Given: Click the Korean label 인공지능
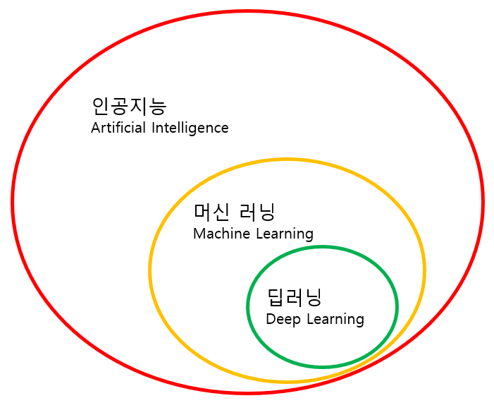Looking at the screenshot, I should coord(129,107).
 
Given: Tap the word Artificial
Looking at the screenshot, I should coord(118,128).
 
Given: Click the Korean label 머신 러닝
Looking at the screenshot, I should coord(235,211).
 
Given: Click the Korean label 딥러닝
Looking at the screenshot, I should coord(294,297).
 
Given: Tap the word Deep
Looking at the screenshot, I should coord(282,320).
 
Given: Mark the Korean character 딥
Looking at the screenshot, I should coord(276,297).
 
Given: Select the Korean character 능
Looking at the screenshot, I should coord(158,107).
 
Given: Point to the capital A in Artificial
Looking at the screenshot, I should coord(96,128).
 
